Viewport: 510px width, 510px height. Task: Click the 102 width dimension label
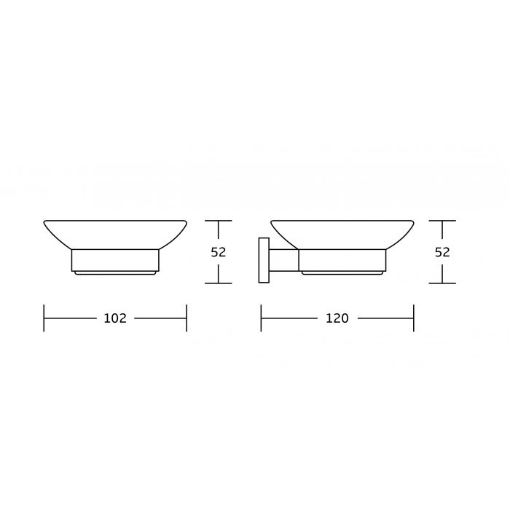(115, 318)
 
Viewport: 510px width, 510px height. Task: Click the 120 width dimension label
(337, 318)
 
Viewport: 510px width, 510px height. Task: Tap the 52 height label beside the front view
(219, 252)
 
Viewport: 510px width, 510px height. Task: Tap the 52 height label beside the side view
(442, 252)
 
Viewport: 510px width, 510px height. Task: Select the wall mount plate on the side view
(264, 260)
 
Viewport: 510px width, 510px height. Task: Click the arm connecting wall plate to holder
(284, 260)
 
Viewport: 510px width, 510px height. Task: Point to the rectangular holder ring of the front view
(115, 260)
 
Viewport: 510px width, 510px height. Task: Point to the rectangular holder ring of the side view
(342, 260)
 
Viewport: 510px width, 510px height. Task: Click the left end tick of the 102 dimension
(44, 318)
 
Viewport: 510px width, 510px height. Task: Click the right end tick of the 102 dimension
(187, 318)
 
